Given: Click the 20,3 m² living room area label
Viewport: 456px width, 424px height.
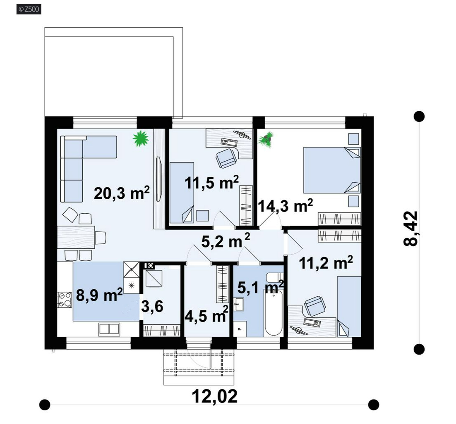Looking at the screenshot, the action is tap(122, 193).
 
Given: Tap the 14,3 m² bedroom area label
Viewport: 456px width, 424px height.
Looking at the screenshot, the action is tap(285, 206).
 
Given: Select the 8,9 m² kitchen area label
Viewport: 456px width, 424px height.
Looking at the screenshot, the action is tap(99, 295).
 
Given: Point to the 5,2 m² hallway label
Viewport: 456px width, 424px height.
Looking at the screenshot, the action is tap(226, 241).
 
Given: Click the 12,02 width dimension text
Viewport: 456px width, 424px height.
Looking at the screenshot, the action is tap(215, 396).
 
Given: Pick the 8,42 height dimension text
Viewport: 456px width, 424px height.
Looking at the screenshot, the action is tap(410, 229).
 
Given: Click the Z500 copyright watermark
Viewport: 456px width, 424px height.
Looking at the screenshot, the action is tap(29, 9).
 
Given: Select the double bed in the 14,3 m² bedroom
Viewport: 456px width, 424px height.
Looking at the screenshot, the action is tap(332, 170).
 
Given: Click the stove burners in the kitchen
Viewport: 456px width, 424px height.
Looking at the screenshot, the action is tap(65, 300).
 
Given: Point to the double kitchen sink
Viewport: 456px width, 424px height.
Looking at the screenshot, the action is tap(109, 329).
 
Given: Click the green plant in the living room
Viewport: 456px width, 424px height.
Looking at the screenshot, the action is tap(141, 138).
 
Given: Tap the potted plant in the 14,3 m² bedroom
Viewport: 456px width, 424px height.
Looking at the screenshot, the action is tap(266, 139).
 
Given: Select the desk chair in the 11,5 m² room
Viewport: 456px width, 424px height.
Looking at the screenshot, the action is tap(226, 158).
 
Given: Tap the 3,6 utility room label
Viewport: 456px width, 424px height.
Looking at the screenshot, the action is tap(152, 306).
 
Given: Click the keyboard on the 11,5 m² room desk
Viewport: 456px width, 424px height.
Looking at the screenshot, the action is tap(229, 142).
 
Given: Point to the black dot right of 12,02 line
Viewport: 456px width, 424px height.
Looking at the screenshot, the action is tap(374, 405).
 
